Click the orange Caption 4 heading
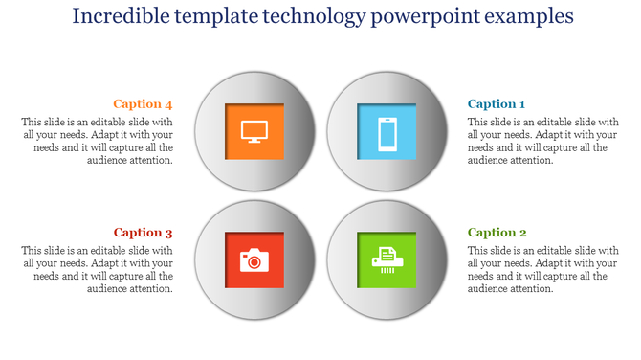point(143,104)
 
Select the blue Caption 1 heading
point(497,104)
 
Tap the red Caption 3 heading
point(143,233)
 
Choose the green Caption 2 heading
point(497,233)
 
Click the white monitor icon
point(254,132)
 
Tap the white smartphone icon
point(387,132)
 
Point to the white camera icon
point(254,259)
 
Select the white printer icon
point(387,259)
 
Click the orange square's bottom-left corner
point(227,159)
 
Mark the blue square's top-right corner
point(416,104)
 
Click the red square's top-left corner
point(227,233)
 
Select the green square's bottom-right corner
point(416,286)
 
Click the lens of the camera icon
point(254,260)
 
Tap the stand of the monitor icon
point(254,142)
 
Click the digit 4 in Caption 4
point(168,104)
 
